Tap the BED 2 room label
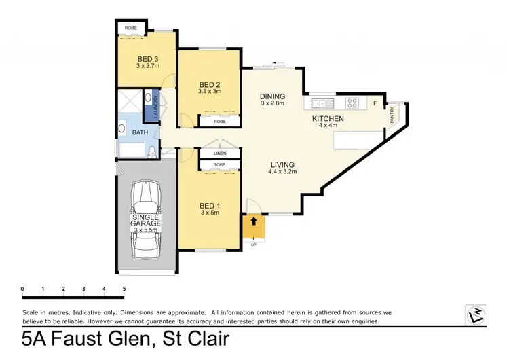209,85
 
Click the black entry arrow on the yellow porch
254,221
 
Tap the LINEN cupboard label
219,153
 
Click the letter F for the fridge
375,103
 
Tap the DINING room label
273,96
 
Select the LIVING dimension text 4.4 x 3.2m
282,173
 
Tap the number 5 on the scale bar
124,289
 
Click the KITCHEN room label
328,119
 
